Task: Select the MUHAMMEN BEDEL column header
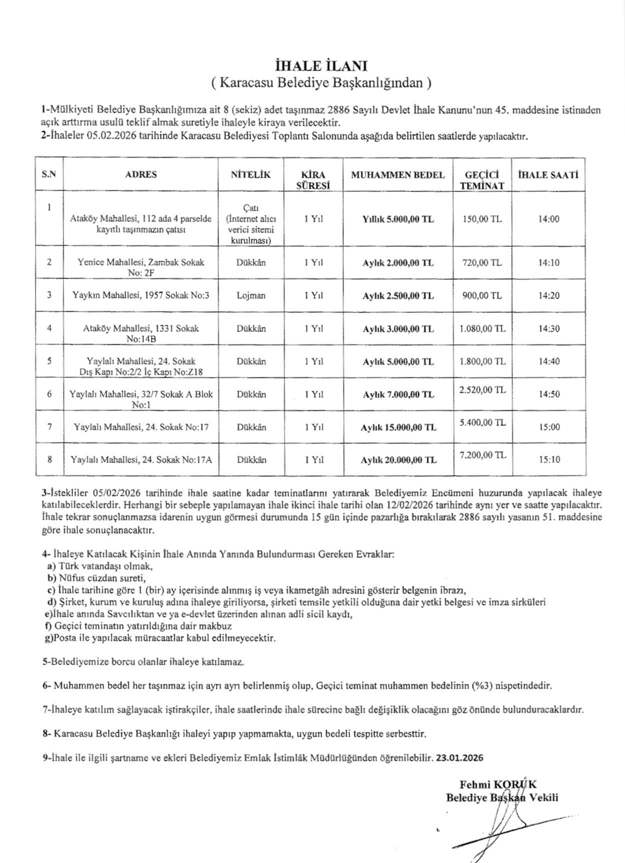coord(397,175)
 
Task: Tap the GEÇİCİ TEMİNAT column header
coord(482,180)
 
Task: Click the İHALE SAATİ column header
coord(548,175)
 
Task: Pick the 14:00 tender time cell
coord(549,219)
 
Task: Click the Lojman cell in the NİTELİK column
coord(251,295)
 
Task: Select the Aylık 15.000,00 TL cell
coord(398,427)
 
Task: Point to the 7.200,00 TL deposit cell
coord(482,455)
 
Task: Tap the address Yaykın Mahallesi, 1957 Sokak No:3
coord(141,295)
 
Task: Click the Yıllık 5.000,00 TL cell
coord(398,219)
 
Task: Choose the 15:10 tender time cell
coord(549,459)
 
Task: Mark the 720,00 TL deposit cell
coord(482,263)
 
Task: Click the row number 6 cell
coord(49,394)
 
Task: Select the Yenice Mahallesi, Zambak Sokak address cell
coord(141,267)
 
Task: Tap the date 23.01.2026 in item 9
coord(459,757)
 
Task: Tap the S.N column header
coord(49,175)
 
